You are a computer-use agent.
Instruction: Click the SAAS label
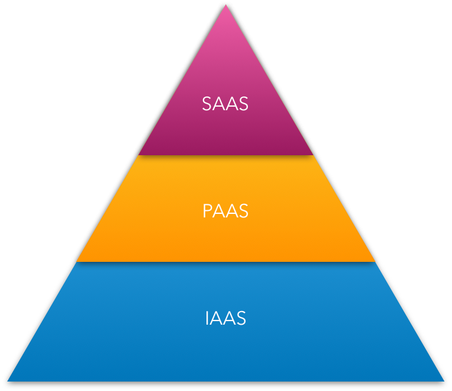click(x=225, y=104)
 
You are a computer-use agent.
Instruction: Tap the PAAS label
click(x=225, y=211)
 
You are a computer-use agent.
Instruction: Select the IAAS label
click(x=225, y=318)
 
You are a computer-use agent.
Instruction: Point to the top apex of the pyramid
click(x=225, y=5)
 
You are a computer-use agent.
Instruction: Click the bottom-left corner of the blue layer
click(x=8, y=380)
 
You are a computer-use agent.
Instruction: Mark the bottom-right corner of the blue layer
click(x=444, y=380)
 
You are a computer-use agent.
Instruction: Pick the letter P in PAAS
click(x=207, y=211)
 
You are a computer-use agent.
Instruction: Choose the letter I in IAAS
click(x=207, y=318)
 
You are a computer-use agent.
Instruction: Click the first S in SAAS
click(x=206, y=104)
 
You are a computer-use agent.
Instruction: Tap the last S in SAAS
click(x=243, y=104)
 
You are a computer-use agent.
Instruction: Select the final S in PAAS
click(x=243, y=211)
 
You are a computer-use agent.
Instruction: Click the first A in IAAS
click(x=216, y=318)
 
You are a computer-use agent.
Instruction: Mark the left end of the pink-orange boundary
click(x=138, y=155)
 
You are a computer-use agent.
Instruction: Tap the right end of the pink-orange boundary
click(x=313, y=155)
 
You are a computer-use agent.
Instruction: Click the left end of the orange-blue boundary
click(x=76, y=262)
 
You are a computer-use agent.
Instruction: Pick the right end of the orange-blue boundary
click(x=376, y=262)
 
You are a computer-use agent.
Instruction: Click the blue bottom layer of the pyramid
click(x=225, y=350)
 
